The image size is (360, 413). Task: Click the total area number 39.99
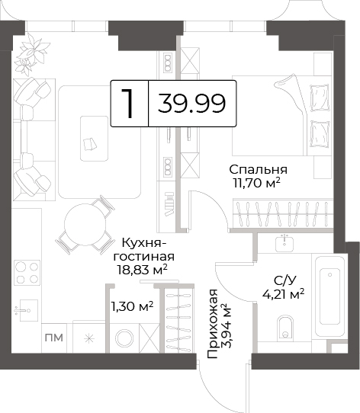click(191, 104)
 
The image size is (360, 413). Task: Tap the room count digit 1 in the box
click(127, 104)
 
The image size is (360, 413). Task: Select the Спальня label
click(258, 170)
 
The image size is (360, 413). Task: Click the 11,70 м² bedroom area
click(256, 183)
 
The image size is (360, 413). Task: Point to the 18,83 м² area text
click(143, 270)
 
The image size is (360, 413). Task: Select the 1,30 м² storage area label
click(132, 306)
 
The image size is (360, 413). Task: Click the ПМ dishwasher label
click(54, 338)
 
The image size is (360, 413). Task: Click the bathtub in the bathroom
click(329, 296)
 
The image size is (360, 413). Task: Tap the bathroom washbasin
click(284, 244)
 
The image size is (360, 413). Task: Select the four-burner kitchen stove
click(27, 273)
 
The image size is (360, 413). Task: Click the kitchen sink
click(27, 310)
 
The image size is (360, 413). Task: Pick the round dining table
click(85, 225)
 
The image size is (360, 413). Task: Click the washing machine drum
click(124, 338)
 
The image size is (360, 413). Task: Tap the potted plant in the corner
click(31, 56)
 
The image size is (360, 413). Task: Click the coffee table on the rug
click(95, 139)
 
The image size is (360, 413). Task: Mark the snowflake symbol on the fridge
click(89, 338)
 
